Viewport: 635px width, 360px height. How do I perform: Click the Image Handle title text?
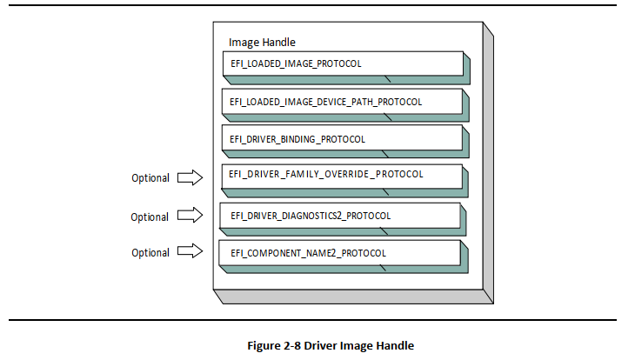263,42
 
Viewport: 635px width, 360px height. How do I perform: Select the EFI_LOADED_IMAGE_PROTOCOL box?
341,64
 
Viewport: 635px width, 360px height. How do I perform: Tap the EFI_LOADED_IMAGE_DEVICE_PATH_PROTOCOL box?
341,102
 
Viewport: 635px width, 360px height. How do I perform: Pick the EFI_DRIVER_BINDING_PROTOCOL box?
341,139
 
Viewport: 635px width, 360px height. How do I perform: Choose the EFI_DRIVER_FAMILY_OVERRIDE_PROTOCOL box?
341,175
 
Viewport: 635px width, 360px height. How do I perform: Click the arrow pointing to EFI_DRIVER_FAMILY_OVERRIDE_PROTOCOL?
190,177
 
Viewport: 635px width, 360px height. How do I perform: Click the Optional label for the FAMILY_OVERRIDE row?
150,178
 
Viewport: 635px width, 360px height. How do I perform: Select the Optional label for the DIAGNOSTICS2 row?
150,217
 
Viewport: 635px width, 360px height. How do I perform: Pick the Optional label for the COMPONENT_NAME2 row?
150,253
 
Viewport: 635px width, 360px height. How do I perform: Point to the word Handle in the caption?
395,345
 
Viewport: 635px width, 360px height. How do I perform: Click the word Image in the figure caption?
357,345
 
